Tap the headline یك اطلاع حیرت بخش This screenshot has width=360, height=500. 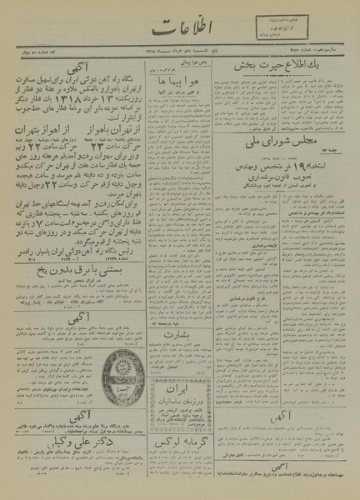point(288,89)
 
